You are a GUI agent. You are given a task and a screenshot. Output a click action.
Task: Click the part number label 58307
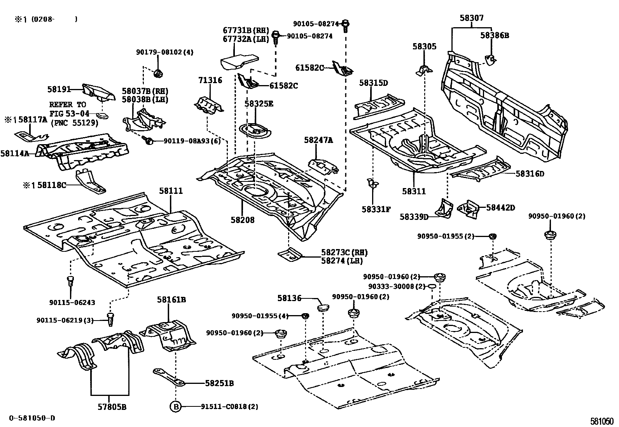pos(472,18)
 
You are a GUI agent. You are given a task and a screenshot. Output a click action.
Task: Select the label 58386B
pos(494,35)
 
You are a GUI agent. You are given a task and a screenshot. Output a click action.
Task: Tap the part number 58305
pos(424,47)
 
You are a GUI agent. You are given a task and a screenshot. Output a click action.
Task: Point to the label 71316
pos(210,80)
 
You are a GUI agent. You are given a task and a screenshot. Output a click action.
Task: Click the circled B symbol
pos(175,407)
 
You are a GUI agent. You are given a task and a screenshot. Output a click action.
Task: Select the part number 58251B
pos(219,383)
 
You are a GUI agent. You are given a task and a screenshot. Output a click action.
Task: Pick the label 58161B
pos(171,300)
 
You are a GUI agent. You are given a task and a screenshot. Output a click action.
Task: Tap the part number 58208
pos(242,220)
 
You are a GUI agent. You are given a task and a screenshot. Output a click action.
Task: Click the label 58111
pos(170,191)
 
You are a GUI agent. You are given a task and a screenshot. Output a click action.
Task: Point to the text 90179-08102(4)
pos(164,52)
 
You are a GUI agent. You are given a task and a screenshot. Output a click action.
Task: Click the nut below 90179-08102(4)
pos(158,73)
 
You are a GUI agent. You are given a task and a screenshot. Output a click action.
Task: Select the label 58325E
pos(259,104)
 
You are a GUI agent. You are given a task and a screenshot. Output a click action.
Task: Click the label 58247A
pos(318,141)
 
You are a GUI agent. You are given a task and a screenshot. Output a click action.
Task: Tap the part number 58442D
pos(500,208)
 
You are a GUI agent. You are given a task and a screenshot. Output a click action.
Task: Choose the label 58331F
pos(376,209)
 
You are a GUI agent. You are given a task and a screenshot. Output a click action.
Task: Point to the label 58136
pos(289,298)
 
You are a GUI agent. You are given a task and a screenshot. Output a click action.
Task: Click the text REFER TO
pos(68,105)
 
